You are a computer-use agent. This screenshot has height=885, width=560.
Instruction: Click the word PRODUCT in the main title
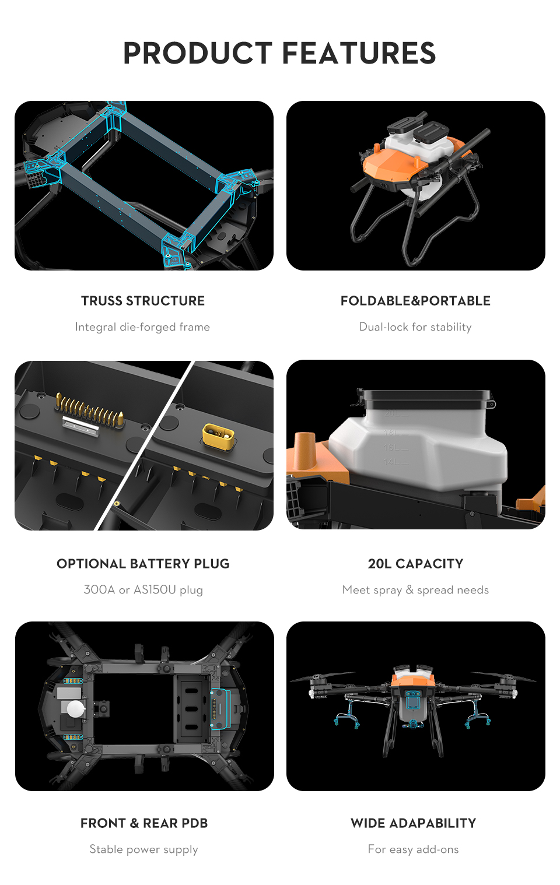(198, 53)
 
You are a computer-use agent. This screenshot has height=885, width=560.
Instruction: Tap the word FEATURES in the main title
(359, 53)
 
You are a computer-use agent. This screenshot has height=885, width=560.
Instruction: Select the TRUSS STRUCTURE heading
(143, 301)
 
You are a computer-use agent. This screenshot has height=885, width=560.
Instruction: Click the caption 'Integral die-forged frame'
(142, 326)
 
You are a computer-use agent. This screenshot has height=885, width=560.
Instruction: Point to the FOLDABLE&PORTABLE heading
(415, 301)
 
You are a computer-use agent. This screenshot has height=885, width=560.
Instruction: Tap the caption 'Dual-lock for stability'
(415, 326)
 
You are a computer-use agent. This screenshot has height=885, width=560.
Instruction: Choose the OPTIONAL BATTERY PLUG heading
(143, 563)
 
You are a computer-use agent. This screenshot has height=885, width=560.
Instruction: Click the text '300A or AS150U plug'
(143, 589)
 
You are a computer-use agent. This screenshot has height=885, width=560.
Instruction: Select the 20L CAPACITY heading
(415, 563)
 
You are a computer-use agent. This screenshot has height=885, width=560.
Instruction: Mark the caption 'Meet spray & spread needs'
(415, 589)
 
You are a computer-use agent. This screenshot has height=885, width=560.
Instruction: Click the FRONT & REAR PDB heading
(144, 823)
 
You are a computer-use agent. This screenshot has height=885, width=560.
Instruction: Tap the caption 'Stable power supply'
(143, 849)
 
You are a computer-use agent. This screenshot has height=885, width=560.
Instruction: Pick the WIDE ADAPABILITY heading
(414, 823)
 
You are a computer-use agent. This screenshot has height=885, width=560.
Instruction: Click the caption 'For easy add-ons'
(414, 849)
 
